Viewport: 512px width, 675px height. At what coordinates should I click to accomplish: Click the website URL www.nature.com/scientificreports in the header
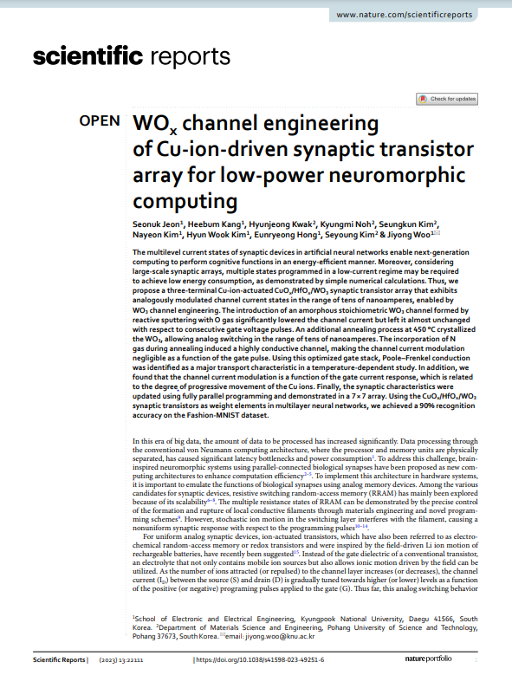404,15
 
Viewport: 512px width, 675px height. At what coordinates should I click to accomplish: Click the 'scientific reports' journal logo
132,56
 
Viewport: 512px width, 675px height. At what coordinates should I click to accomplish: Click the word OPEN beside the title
100,121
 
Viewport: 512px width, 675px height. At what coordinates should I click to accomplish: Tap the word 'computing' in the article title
185,201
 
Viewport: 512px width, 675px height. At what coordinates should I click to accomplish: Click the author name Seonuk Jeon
158,224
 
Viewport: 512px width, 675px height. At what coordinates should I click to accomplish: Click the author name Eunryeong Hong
286,235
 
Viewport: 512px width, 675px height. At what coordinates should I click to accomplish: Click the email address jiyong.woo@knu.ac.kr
280,636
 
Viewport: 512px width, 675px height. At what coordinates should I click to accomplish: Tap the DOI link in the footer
260,659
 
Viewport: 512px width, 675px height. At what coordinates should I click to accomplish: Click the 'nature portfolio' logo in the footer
429,659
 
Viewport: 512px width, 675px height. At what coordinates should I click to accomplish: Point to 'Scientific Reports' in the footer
59,659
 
